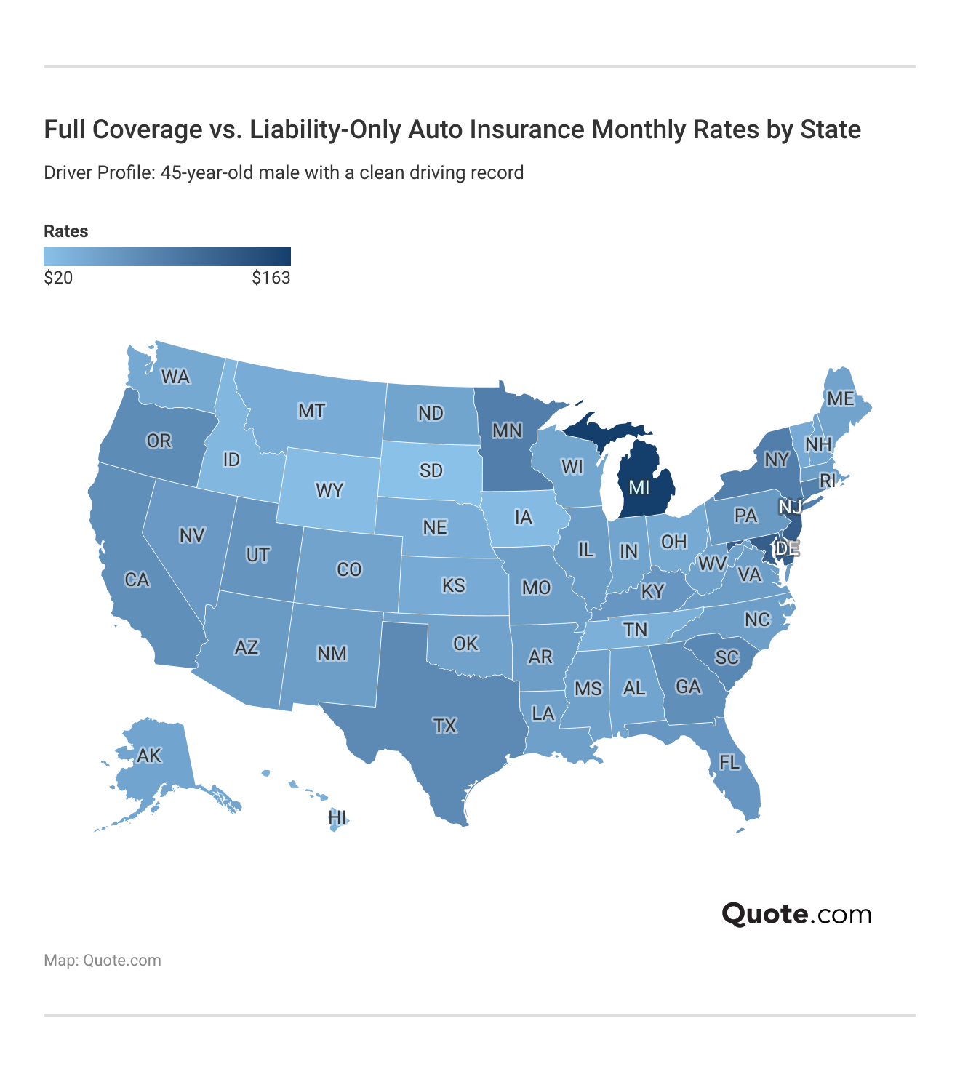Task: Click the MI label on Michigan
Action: tap(639, 487)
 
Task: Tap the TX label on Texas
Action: tap(444, 726)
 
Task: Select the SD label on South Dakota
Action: tap(431, 470)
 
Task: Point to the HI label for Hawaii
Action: tap(337, 817)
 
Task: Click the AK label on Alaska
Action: tap(149, 756)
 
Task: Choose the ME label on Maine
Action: tap(840, 398)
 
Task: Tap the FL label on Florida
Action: tap(729, 762)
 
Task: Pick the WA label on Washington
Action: tap(175, 377)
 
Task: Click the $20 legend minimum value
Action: tap(58, 278)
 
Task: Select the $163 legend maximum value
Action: tap(271, 278)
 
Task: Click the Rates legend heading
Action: tap(66, 231)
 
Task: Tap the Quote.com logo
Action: tap(796, 914)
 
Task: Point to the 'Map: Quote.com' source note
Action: tap(103, 961)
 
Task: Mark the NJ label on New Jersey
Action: tap(790, 507)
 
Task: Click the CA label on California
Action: tap(137, 580)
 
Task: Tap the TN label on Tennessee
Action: tap(635, 630)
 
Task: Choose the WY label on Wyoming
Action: tap(329, 490)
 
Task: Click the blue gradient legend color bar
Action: tap(167, 257)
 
